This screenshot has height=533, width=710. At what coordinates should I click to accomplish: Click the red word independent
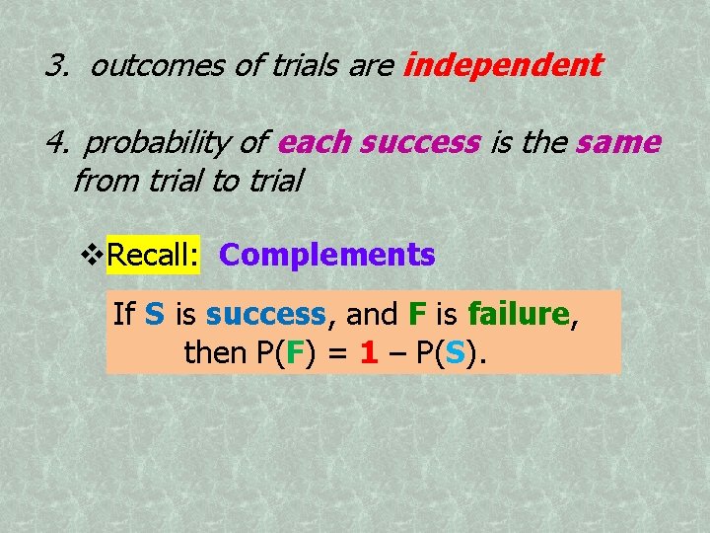pos(503,66)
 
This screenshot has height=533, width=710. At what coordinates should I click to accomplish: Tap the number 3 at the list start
pos(53,67)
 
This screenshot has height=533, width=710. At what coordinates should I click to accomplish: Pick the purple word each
pos(314,143)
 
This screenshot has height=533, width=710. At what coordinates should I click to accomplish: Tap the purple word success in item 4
pos(419,144)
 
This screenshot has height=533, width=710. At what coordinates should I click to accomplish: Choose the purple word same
pos(618,143)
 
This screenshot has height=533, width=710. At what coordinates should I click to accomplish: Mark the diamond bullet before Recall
pos(92,256)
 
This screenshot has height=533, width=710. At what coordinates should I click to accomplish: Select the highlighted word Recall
pos(153,255)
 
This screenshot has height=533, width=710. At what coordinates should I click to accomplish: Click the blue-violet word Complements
pos(326,255)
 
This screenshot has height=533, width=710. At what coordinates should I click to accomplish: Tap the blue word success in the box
pos(265,315)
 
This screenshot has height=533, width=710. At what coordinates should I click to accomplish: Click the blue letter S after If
pos(154,315)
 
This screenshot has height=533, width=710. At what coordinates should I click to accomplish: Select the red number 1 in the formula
pos(369,352)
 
